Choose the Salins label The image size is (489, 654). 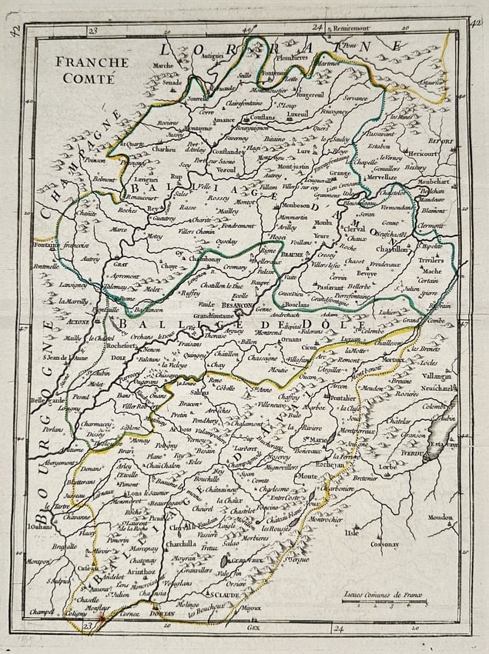coord(199,391)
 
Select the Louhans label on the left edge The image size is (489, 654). coord(39,526)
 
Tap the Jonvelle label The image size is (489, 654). coord(197,99)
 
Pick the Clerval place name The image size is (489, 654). coord(355,229)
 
